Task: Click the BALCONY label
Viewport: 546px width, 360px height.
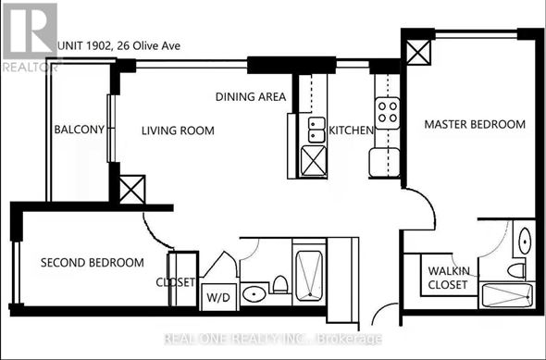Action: click(x=79, y=130)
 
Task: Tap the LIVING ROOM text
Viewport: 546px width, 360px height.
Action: click(x=178, y=130)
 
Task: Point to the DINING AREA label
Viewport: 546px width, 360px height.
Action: click(x=251, y=96)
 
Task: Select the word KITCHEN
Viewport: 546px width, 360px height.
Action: click(x=351, y=130)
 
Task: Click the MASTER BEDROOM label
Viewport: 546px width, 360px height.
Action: click(x=475, y=124)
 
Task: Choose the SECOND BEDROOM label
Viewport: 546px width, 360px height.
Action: click(x=93, y=263)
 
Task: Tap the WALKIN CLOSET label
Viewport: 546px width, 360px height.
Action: click(x=449, y=278)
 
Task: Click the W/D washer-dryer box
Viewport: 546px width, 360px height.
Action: click(x=218, y=297)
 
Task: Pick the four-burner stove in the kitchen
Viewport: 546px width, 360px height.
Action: click(x=387, y=113)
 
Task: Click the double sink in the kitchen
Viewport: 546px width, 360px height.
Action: click(x=316, y=130)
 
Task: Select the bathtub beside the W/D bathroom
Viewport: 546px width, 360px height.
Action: click(x=309, y=276)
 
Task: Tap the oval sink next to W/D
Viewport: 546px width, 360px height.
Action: click(x=254, y=294)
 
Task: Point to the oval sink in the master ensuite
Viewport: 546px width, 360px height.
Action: click(x=525, y=241)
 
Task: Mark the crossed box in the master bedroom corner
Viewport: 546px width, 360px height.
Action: click(x=418, y=53)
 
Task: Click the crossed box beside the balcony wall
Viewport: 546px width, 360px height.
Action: click(x=132, y=190)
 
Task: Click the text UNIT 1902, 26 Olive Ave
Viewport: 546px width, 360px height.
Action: click(x=118, y=46)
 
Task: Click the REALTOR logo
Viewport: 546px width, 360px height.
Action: click(x=30, y=38)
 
